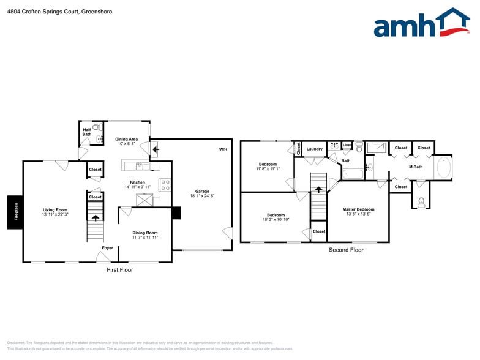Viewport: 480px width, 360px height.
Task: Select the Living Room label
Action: click(54, 210)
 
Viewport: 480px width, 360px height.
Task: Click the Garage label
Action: click(202, 191)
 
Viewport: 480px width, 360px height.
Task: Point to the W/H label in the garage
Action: click(223, 149)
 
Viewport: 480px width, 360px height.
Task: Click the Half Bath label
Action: click(87, 132)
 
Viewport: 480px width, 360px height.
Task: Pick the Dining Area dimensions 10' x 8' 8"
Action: click(126, 144)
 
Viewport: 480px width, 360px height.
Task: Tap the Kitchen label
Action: click(137, 182)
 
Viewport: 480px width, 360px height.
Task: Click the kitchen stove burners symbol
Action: click(165, 184)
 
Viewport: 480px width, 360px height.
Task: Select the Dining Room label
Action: click(145, 233)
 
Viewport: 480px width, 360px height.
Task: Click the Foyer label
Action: click(107, 248)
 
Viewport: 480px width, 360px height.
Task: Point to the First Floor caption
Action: click(119, 269)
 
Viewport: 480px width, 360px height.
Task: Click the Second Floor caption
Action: click(346, 250)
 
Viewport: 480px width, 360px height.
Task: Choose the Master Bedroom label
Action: click(358, 209)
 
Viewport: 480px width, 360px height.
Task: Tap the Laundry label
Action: click(315, 149)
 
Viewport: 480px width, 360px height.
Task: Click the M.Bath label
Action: click(416, 167)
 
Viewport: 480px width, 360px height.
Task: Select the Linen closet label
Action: click(347, 145)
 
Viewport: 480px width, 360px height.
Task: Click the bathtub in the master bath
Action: click(442, 167)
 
